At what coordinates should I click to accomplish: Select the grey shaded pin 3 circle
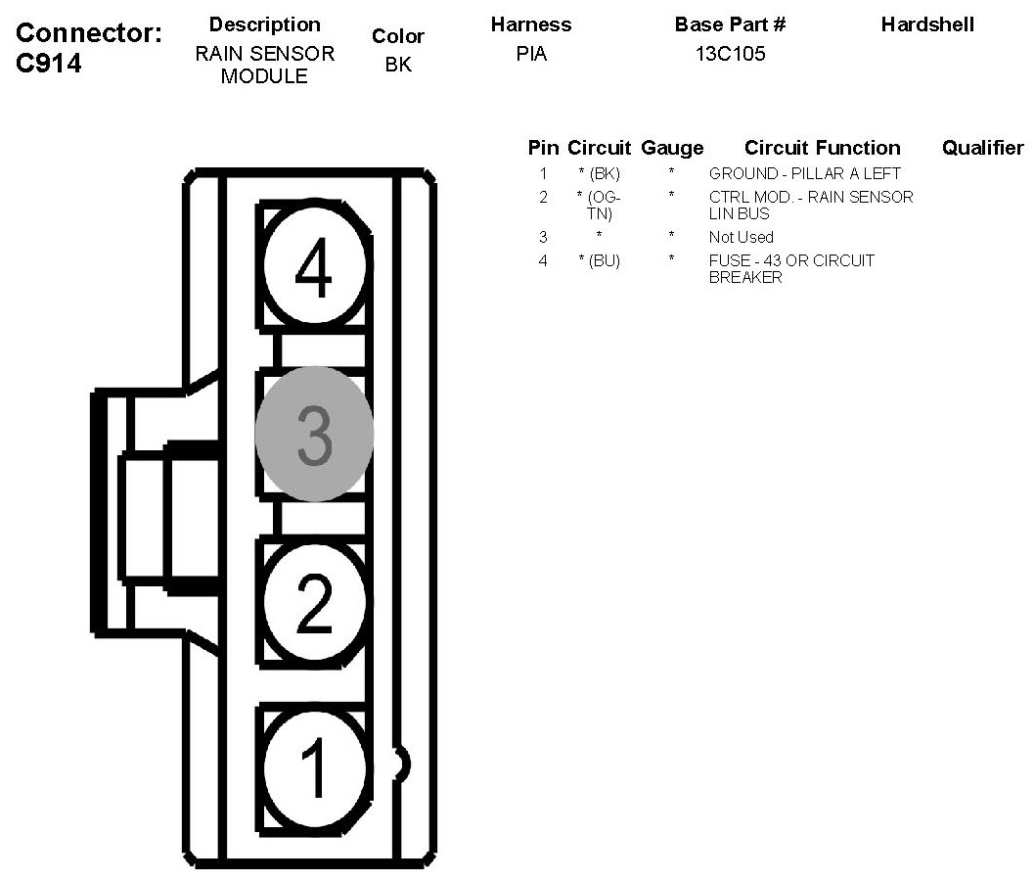[x=314, y=436]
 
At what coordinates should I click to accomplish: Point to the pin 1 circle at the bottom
[x=313, y=766]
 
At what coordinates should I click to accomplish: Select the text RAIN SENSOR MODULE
[x=264, y=65]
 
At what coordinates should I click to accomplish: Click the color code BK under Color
[x=398, y=66]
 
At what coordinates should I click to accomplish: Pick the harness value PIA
[x=531, y=55]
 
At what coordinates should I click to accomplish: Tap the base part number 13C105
[x=730, y=55]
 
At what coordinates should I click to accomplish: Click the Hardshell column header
[x=927, y=24]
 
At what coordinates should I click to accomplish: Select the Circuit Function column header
[x=822, y=148]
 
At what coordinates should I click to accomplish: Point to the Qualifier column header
[x=982, y=148]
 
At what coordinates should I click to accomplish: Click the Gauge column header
[x=672, y=148]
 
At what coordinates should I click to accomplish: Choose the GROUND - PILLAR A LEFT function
[x=804, y=174]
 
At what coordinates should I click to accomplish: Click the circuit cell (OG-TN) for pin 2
[x=599, y=205]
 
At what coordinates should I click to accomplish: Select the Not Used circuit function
[x=741, y=237]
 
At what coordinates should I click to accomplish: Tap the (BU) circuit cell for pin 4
[x=599, y=261]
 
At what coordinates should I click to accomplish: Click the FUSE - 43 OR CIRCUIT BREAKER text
[x=791, y=269]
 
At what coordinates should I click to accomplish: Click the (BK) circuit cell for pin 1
[x=599, y=174]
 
